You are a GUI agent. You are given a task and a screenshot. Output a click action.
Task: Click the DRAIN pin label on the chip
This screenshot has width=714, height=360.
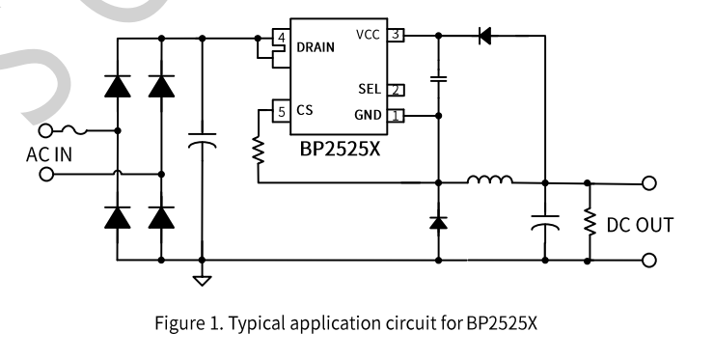[x=316, y=47]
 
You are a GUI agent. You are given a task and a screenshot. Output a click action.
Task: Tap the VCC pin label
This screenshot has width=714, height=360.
[x=368, y=35]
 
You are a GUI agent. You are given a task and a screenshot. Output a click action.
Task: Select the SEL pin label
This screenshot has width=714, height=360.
[x=370, y=89]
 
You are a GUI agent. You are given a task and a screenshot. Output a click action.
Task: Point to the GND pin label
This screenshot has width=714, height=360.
[x=368, y=115]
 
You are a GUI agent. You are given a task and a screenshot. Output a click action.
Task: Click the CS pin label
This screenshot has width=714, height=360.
[x=305, y=110]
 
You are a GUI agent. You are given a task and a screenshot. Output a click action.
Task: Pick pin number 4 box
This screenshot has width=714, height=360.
[x=282, y=38]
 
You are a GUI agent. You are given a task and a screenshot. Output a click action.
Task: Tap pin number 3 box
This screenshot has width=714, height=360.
[x=396, y=35]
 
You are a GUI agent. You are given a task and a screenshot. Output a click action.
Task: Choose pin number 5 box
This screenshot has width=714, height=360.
[x=282, y=112]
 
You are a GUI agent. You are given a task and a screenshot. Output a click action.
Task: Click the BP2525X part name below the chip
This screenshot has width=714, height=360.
[x=340, y=149]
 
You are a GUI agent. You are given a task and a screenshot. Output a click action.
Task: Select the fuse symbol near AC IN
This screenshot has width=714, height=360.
[x=73, y=130]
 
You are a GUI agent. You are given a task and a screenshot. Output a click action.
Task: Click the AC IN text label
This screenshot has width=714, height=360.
[x=49, y=155]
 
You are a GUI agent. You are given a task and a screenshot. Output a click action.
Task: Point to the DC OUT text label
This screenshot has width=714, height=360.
[x=640, y=225]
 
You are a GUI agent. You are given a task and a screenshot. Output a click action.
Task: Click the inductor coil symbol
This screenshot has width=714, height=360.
[x=490, y=180]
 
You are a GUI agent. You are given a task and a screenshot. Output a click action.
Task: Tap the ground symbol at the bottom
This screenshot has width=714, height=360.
[x=202, y=280]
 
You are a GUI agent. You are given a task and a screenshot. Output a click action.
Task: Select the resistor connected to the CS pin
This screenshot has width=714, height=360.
[x=259, y=152]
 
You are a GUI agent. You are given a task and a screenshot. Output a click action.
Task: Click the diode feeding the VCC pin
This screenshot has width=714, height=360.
[x=484, y=36]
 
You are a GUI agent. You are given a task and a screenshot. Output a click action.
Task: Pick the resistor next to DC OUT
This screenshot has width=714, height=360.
[x=590, y=222]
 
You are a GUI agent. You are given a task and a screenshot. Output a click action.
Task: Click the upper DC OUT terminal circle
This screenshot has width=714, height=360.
[x=649, y=183]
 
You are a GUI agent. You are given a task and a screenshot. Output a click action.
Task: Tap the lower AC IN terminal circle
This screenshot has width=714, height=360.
[x=46, y=174]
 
